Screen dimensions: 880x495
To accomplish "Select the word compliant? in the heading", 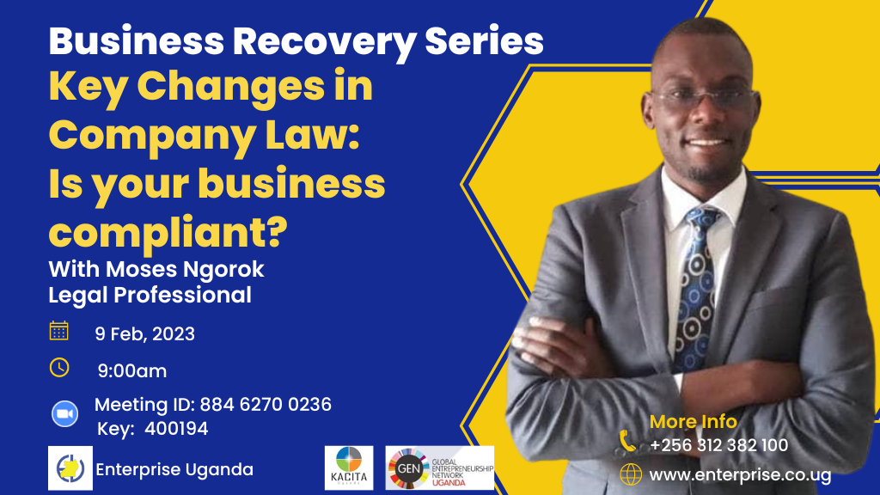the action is click(168, 233).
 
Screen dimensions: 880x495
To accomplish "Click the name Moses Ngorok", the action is click(185, 269).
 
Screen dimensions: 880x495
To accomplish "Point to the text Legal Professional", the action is click(150, 296).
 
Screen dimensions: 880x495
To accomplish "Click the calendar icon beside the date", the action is click(59, 331).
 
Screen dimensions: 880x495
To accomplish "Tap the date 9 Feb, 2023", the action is click(144, 334).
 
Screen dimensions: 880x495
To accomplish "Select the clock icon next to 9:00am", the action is click(59, 368).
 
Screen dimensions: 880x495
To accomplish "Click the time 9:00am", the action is click(131, 371).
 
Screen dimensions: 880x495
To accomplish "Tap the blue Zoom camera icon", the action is click(65, 414).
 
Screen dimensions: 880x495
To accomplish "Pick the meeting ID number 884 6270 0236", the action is click(266, 404).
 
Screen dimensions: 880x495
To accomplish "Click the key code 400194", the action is click(176, 429).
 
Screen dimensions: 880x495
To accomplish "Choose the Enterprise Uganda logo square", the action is click(70, 468).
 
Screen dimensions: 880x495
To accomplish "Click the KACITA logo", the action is click(349, 468).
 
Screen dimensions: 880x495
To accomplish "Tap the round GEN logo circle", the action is click(408, 468).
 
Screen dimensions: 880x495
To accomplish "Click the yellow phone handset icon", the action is click(627, 441).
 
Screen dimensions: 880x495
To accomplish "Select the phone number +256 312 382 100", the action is click(719, 446).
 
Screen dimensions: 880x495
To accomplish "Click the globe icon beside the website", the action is click(631, 474).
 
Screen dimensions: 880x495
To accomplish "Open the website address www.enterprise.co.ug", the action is click(740, 475).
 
